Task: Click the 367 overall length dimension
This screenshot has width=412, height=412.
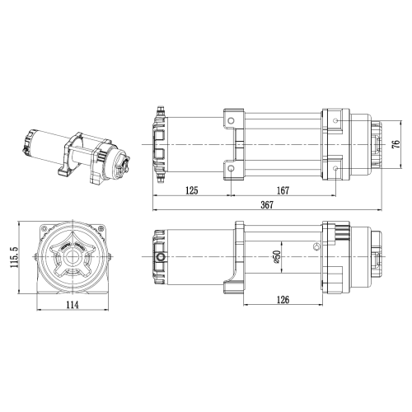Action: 267,204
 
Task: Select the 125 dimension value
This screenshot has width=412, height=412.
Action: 192,190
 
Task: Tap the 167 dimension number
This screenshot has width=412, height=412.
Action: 283,190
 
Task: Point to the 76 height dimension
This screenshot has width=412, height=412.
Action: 396,144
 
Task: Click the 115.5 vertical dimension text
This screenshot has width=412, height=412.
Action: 14,257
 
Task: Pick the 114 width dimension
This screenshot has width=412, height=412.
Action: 73,305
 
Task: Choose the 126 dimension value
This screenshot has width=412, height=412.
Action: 283,299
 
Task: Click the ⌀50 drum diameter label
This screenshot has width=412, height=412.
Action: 276,257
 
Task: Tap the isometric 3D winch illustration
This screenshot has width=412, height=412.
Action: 77,157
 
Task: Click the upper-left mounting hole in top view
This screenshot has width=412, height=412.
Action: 232,121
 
